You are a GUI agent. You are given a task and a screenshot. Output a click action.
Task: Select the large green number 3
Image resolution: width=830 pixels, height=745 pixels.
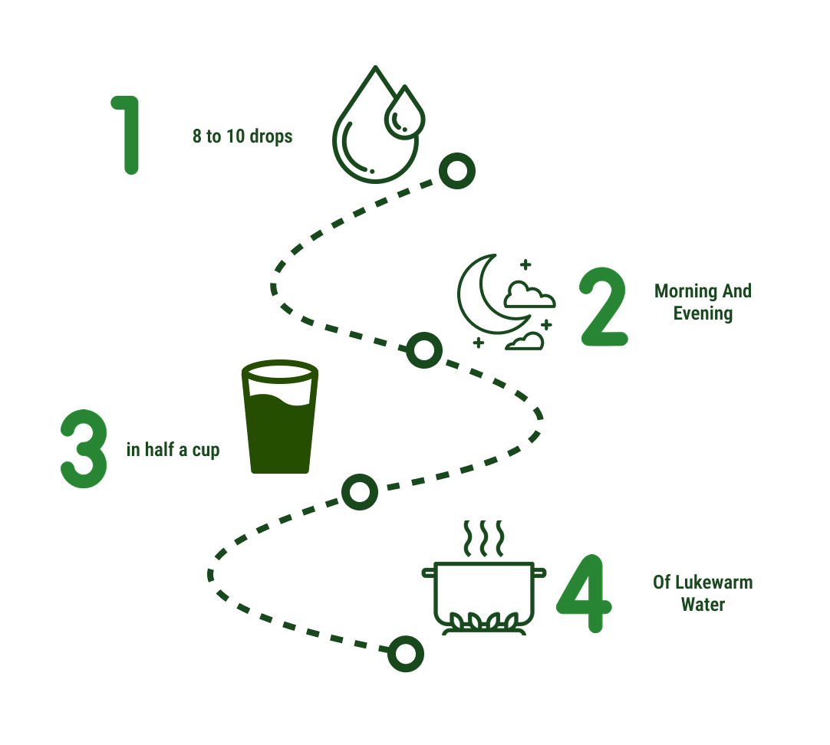coord(83,448)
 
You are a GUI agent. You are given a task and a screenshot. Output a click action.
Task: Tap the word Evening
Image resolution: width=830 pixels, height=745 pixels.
coord(703,313)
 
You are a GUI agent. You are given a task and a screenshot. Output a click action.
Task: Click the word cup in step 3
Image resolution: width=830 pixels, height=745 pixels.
coord(206,450)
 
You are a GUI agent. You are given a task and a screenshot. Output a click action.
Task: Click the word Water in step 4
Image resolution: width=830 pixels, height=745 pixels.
coord(703,605)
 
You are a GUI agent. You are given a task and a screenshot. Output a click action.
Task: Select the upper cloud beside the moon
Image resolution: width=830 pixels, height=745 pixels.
coord(529,295)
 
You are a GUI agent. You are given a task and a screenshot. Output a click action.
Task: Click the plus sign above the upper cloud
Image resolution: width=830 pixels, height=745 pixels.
coord(525,265)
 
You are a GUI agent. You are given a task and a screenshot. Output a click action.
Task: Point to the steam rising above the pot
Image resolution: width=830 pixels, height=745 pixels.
coord(483,538)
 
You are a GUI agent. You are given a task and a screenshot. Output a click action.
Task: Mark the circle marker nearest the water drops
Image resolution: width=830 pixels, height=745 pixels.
coord(457,172)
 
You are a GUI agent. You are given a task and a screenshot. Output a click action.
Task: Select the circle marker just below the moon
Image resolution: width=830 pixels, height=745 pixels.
coord(423,350)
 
